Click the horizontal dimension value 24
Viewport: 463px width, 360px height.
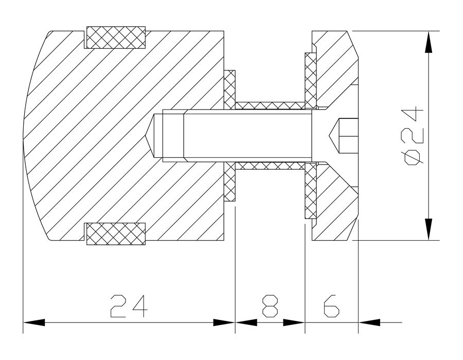[x=129, y=305]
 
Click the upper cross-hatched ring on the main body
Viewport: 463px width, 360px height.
[x=116, y=38]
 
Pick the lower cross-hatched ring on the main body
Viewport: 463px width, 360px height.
[x=116, y=233]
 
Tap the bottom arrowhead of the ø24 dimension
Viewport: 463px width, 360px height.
[x=429, y=229]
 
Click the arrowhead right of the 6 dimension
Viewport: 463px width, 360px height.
[x=369, y=322]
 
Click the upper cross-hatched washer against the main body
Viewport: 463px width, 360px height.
[x=229, y=89]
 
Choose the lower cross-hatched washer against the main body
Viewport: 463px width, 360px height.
[x=229, y=182]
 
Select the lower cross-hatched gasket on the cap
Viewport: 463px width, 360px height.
[x=310, y=191]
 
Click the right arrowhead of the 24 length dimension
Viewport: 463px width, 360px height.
[x=224, y=322]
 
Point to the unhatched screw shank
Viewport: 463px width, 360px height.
[x=248, y=136]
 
